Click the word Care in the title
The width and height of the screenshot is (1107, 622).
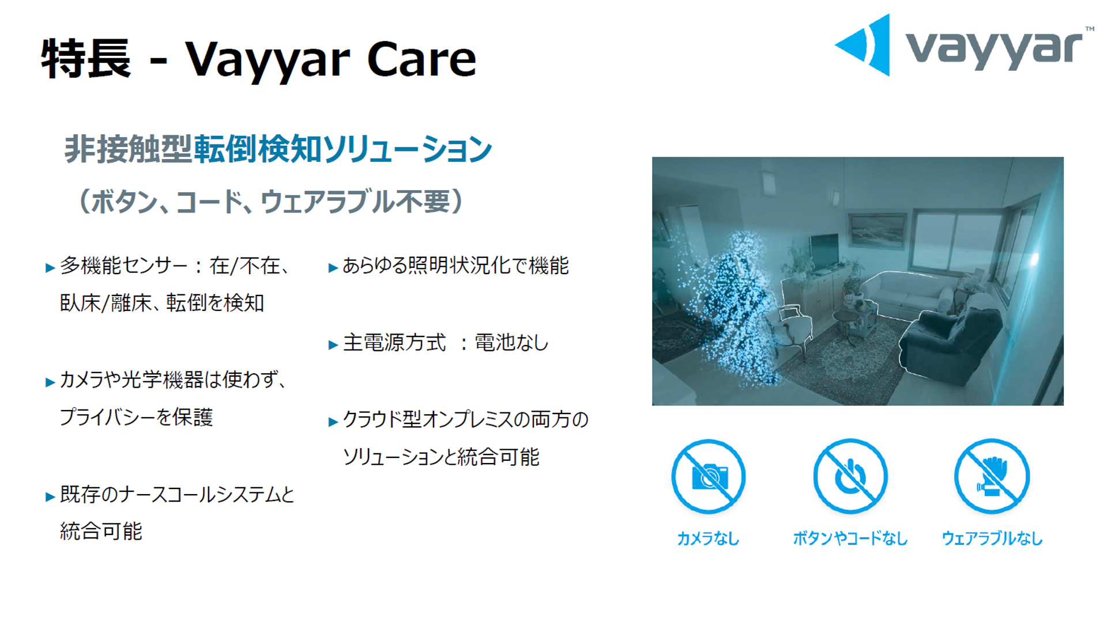point(421,59)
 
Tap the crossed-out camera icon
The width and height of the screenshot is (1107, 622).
point(708,476)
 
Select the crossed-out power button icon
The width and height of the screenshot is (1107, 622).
point(850,476)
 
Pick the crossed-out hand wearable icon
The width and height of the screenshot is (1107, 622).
point(992,476)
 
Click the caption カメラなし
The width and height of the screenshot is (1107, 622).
point(707,538)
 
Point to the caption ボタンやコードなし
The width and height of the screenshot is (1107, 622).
point(850,538)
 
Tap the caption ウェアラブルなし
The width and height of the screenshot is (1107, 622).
point(992,538)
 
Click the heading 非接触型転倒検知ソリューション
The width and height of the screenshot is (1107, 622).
point(278,149)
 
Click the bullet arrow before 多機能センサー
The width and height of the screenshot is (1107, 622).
point(50,268)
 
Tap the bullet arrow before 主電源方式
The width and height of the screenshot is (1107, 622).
point(333,345)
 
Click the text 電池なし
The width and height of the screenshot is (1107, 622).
point(511,343)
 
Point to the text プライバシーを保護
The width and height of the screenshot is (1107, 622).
point(137,417)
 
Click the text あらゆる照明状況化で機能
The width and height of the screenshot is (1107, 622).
point(455,266)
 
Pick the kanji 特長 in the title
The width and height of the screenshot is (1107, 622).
point(86,59)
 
